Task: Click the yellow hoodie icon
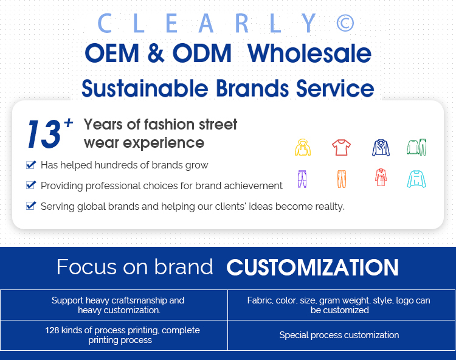coord(303,147)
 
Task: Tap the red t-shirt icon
coord(341,147)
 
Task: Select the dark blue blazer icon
coord(381,148)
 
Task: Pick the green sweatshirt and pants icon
coord(416,147)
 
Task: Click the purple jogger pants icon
coord(302,179)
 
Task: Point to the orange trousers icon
coord(342,179)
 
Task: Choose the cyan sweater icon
coord(416,179)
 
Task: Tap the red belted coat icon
coord(381,178)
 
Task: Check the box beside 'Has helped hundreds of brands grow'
coord(31,165)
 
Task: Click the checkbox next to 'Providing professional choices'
coord(31,185)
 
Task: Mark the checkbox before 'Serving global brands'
coord(31,206)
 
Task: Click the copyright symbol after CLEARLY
coord(345,23)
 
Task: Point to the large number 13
coord(44,134)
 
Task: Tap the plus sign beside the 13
coord(69,123)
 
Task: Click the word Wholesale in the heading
coord(309,54)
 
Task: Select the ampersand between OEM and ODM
coord(156,53)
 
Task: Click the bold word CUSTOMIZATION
coord(313,267)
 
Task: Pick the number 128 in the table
coord(52,330)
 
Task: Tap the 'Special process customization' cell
coord(339,335)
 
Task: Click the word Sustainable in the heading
coord(145,88)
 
